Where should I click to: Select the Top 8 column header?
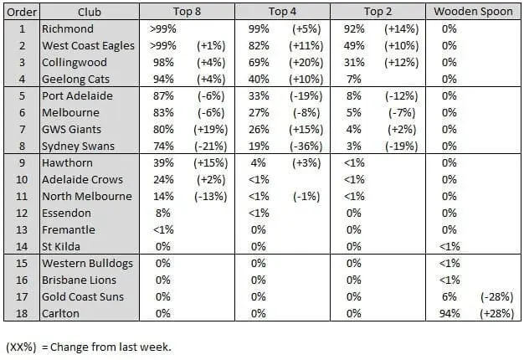(187, 13)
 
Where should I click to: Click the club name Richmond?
(68, 29)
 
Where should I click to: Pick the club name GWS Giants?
(74, 129)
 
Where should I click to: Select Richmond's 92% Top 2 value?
(352, 29)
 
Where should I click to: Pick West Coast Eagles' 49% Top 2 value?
(352, 46)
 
